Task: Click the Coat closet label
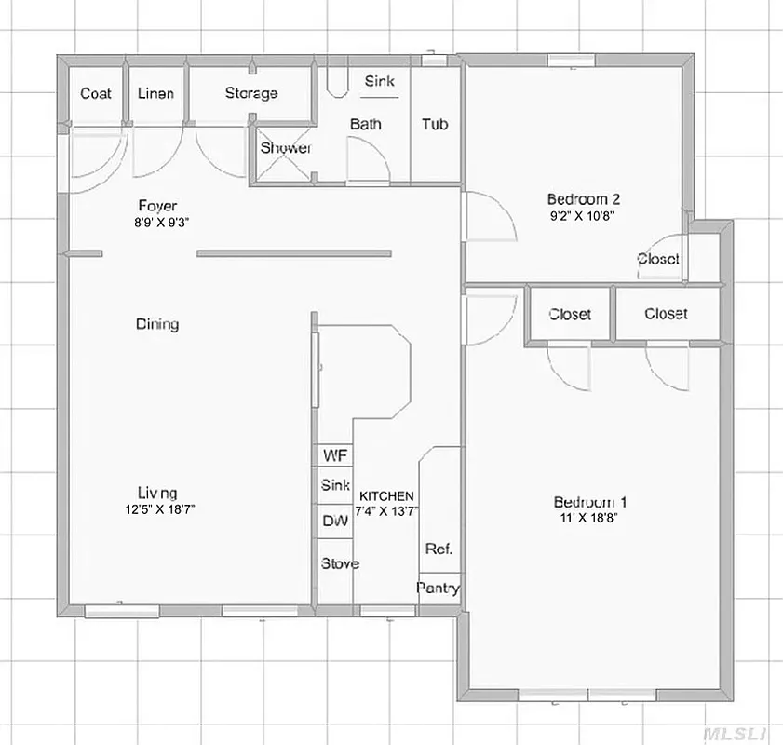click(x=96, y=93)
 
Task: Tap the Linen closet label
click(x=155, y=93)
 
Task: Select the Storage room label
click(x=251, y=93)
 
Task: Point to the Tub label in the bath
click(x=435, y=124)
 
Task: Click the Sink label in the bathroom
click(x=379, y=81)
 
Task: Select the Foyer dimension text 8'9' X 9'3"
click(x=157, y=223)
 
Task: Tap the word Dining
click(x=157, y=324)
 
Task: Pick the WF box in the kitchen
click(x=335, y=455)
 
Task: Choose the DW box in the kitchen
click(x=335, y=521)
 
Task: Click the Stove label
click(x=340, y=563)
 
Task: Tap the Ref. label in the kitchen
click(x=439, y=549)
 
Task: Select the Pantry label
click(x=438, y=589)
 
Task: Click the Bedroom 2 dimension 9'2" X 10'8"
click(x=583, y=216)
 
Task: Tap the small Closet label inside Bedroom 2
click(x=658, y=259)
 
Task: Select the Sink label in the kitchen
click(x=335, y=485)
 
